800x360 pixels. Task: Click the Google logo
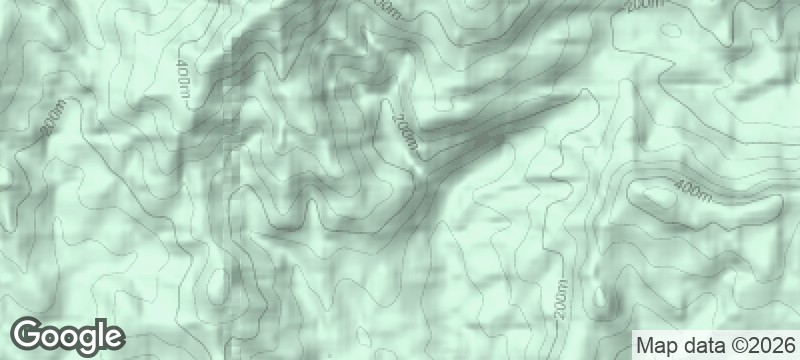[67, 335]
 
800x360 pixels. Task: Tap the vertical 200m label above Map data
[559, 301]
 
